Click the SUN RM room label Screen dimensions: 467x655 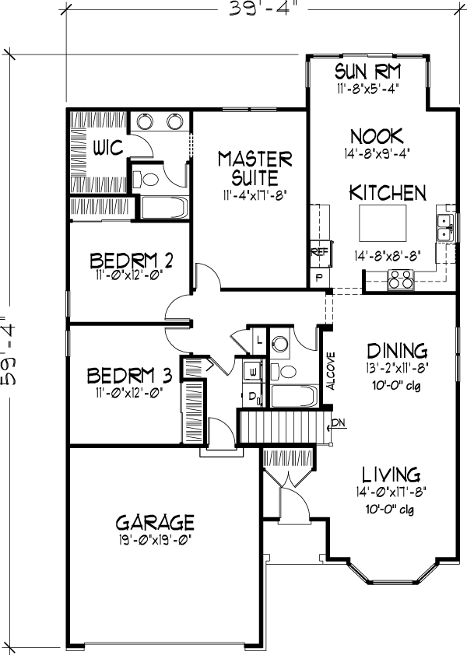tap(367, 71)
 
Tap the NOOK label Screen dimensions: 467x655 tap(377, 137)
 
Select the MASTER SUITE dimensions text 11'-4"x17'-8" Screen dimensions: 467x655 tap(255, 195)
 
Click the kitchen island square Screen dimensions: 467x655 tap(383, 222)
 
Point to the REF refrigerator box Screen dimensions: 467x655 tap(320, 253)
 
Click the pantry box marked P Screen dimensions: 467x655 tap(319, 278)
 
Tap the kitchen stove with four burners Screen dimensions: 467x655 tap(401, 279)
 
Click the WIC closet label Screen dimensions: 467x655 tap(108, 148)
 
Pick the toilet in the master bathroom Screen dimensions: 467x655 tap(146, 180)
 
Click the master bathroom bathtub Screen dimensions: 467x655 tap(164, 208)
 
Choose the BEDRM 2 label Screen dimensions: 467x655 tap(131, 261)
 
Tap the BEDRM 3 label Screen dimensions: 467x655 tap(129, 376)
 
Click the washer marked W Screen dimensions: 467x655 tap(252, 370)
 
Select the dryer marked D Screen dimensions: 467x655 tap(252, 396)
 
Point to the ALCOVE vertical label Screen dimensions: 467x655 tap(331, 371)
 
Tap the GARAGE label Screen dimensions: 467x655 tap(155, 522)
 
